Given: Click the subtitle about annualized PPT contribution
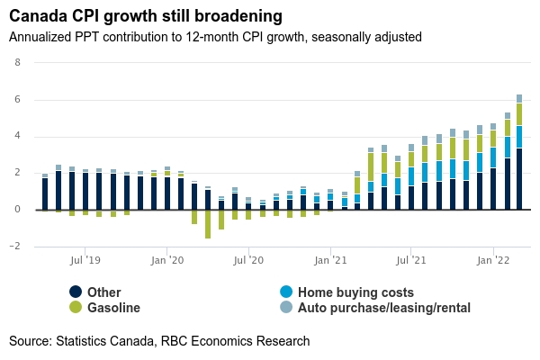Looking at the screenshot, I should pos(215,37).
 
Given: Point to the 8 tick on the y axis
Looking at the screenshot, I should pos(16,63).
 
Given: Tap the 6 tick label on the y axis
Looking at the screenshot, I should pos(16,100).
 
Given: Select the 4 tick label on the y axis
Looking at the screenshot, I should pos(16,137).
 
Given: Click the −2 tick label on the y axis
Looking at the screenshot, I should pos(13,246).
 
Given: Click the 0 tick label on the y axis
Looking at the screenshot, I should pos(16,210).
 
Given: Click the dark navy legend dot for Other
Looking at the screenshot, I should pos(76,292).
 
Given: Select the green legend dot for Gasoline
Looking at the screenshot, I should pos(76,308).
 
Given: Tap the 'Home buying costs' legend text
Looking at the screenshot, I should pos(355,292).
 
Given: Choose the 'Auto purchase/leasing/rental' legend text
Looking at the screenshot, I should pos(384,308).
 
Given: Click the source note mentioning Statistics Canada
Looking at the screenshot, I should pos(159,341).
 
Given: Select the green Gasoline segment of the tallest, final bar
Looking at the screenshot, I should pos(519,114).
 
